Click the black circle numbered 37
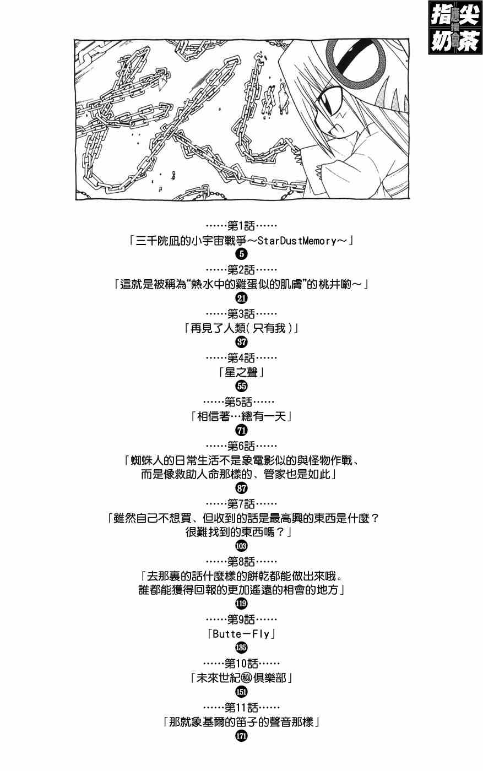point(241,342)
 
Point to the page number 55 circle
point(241,386)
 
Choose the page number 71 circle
point(241,430)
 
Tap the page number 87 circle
point(241,488)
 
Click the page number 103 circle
point(241,546)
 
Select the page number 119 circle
point(241,604)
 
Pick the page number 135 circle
point(241,648)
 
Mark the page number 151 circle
point(241,692)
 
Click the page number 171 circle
point(241,736)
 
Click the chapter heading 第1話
point(241,226)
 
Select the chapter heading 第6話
point(241,445)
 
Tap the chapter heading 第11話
point(241,707)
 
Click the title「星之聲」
point(241,372)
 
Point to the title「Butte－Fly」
point(241,634)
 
